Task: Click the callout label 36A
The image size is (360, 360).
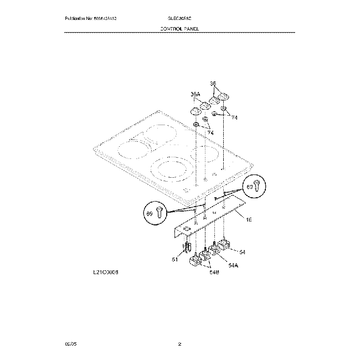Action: point(195,94)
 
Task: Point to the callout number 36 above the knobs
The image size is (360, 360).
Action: point(213,84)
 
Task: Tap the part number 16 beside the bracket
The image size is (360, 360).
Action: point(249,220)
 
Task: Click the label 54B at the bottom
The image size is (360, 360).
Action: point(214,271)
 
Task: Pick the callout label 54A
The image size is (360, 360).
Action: point(233,265)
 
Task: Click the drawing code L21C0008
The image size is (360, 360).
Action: point(106,272)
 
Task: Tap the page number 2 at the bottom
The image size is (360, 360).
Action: point(179,344)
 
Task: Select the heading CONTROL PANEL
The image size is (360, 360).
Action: point(179,28)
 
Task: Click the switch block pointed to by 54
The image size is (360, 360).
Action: point(224,244)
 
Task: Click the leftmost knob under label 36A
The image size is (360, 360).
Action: point(195,111)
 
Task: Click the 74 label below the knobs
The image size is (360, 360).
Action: point(210,133)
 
